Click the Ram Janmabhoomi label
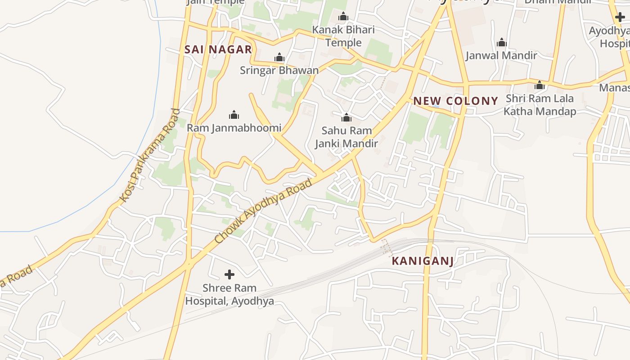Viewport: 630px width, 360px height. point(234,128)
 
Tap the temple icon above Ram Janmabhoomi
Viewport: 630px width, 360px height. point(234,115)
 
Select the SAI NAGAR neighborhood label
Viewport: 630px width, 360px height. point(218,49)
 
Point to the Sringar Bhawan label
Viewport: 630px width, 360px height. point(279,70)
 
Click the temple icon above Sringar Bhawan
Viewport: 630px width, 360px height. point(279,57)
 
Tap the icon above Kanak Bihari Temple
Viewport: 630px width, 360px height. point(343,17)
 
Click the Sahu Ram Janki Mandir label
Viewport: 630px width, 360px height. point(346,137)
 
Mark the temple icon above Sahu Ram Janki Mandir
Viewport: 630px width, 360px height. point(346,117)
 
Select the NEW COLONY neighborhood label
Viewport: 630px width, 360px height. point(455,101)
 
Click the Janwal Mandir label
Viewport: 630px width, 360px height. point(501,55)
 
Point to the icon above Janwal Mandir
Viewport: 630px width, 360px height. point(501,43)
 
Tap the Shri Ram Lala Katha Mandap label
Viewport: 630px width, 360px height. point(540,105)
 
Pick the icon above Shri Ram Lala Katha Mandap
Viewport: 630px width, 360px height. point(540,85)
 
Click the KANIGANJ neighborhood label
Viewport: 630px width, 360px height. point(422,261)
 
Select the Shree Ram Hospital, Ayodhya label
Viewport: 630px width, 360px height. point(229,294)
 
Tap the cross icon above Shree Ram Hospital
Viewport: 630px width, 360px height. point(229,274)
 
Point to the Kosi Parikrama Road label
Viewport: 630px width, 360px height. point(150,155)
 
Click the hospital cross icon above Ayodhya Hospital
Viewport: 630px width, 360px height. point(620,18)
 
